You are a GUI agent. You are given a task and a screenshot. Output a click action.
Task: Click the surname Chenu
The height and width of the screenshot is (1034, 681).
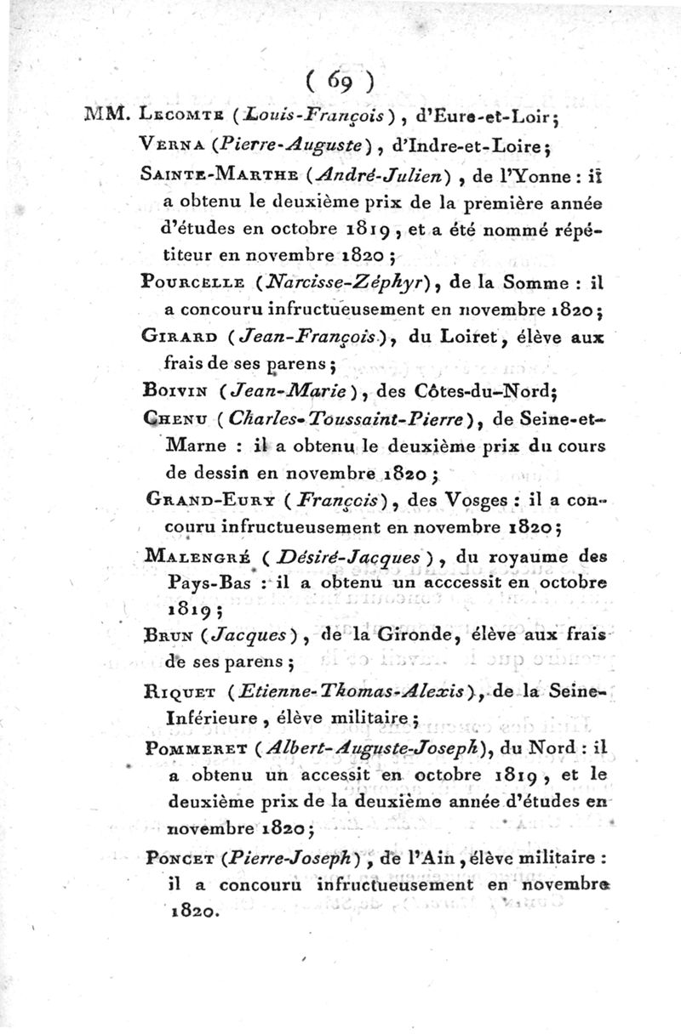click(169, 420)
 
